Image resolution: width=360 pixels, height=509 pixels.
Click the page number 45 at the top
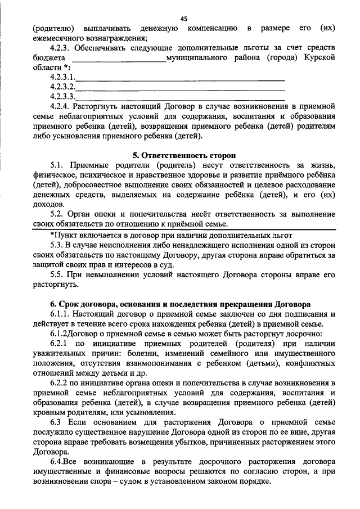point(183,19)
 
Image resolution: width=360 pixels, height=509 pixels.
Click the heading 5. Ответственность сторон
point(183,155)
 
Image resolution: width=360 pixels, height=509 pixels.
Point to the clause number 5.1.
point(58,165)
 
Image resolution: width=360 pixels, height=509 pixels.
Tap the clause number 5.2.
point(58,214)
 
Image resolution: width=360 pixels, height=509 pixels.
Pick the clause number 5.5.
point(58,274)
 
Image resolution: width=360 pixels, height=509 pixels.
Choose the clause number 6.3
point(56,422)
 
